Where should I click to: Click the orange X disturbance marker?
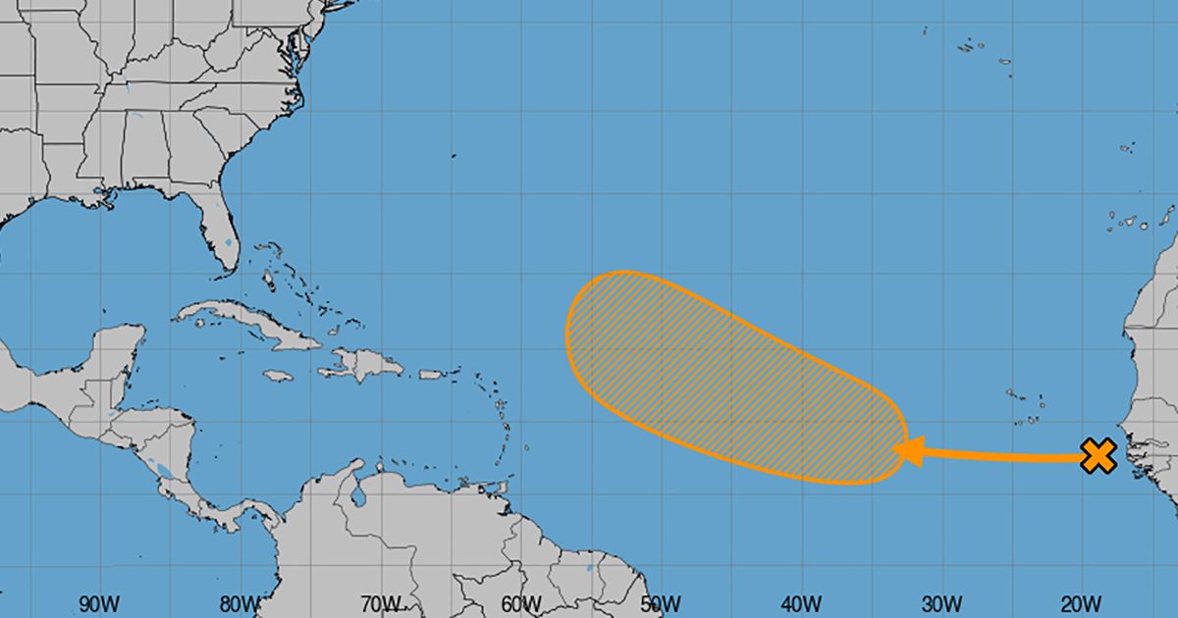pos(1098,456)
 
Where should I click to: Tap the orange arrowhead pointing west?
pos(907,451)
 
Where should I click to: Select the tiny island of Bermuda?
pos(455,155)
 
